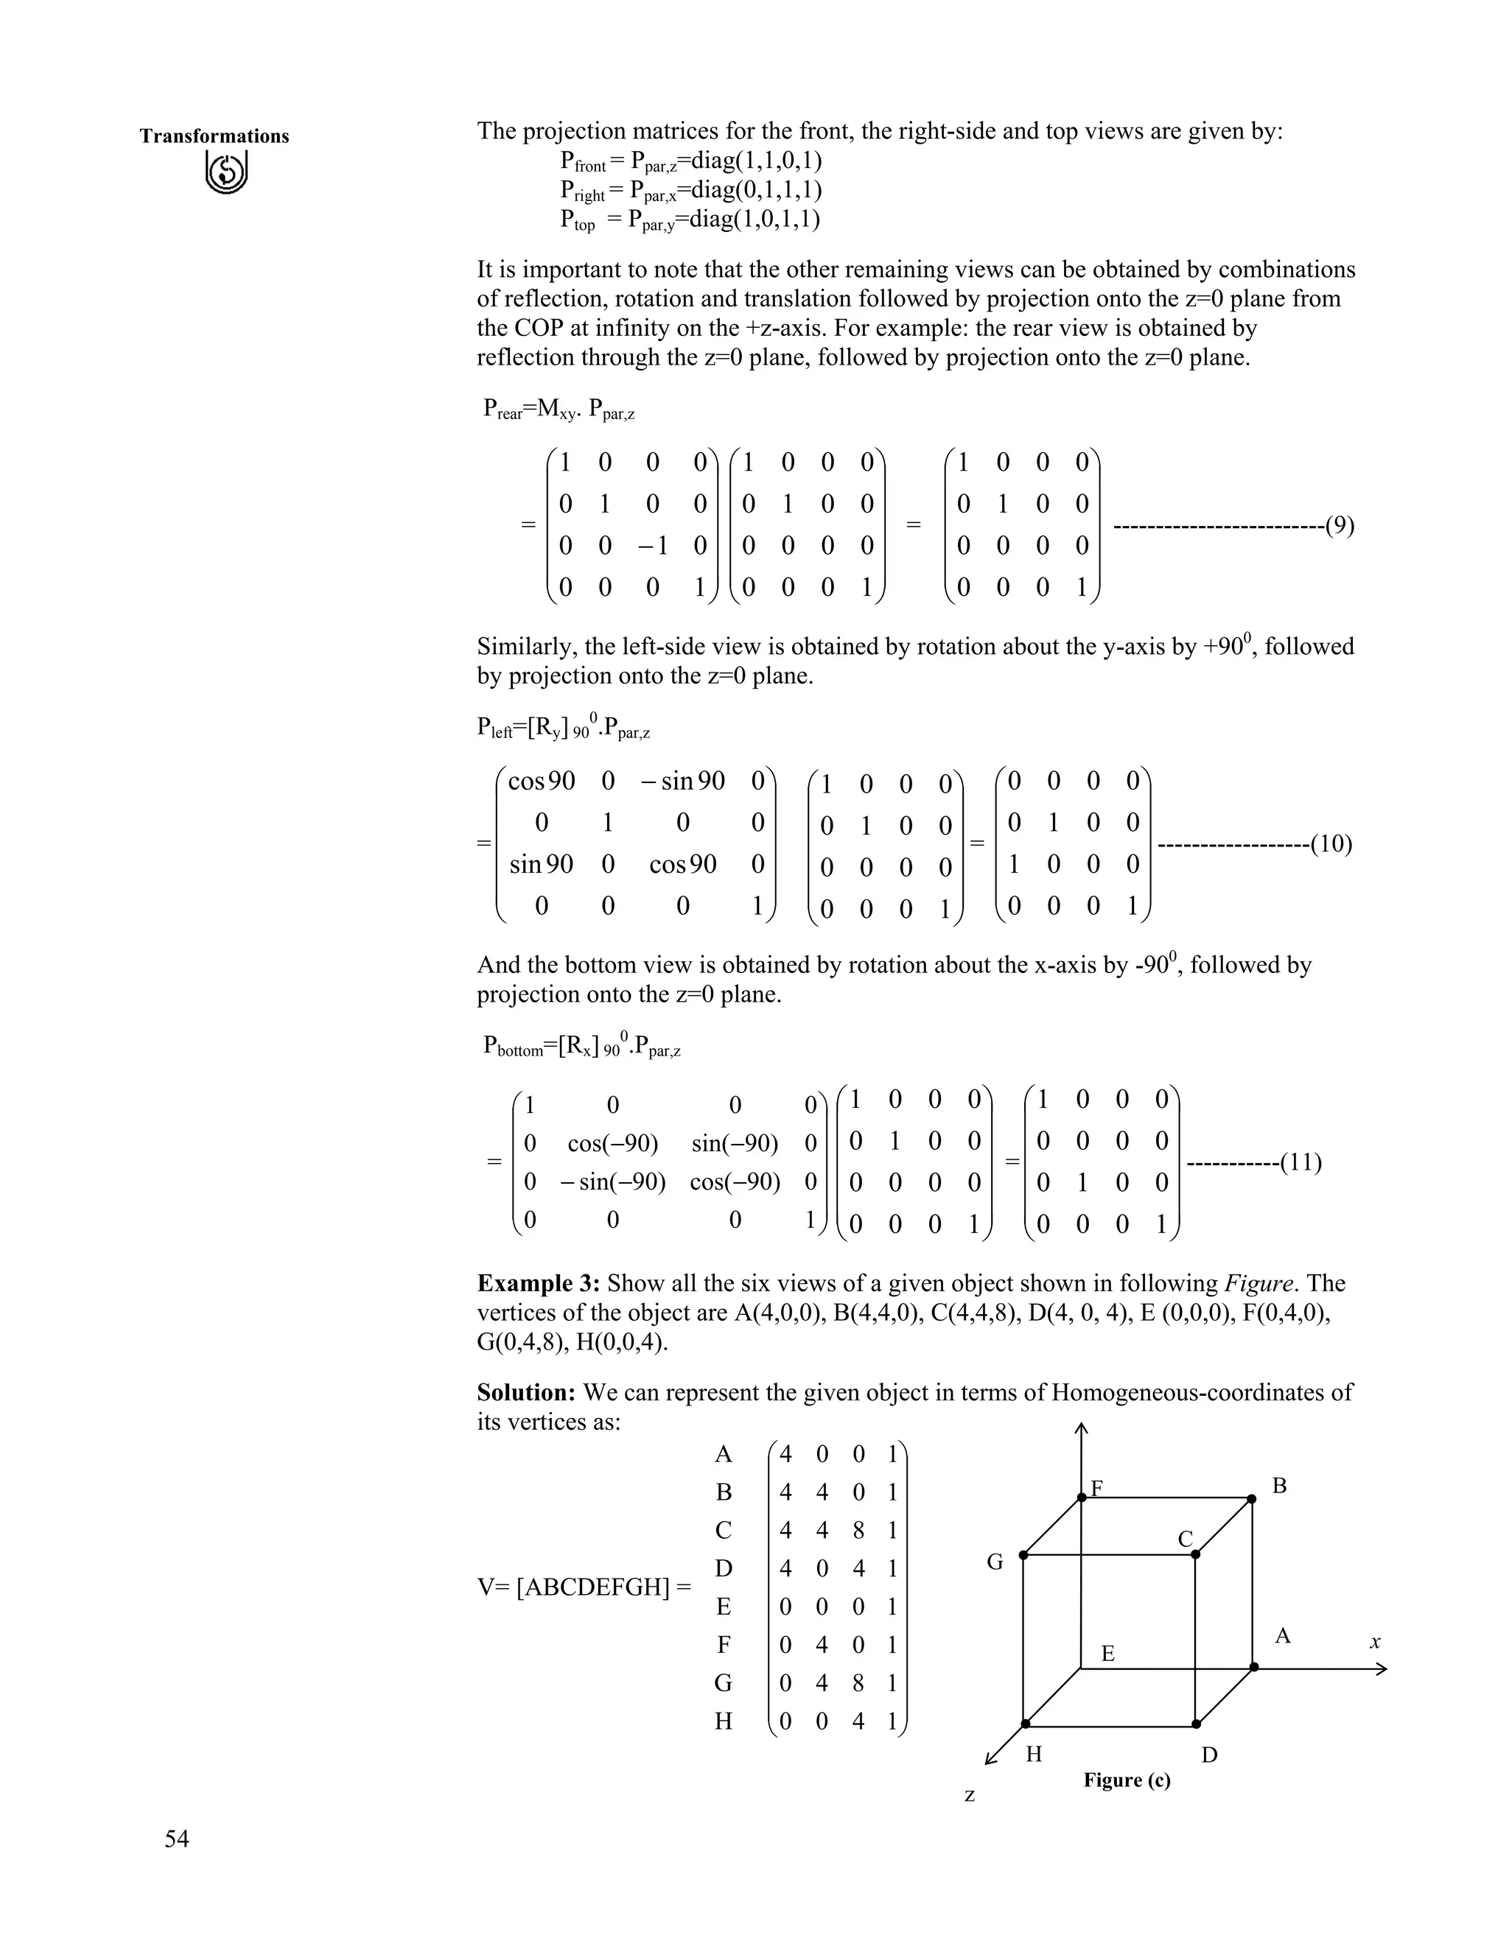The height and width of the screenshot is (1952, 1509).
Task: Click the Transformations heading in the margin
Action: [x=214, y=136]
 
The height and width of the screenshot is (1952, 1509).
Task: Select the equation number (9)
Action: [x=1339, y=525]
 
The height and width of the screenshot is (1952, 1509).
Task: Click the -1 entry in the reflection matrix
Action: [x=653, y=545]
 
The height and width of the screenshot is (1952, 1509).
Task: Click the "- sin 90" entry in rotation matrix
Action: [x=683, y=781]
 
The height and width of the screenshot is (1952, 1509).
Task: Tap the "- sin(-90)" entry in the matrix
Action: [x=613, y=1182]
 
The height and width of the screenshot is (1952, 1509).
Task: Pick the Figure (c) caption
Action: [x=1127, y=1780]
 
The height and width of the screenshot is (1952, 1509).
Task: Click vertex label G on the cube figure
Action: [x=995, y=1562]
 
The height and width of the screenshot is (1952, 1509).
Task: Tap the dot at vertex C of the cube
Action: [x=1195, y=1554]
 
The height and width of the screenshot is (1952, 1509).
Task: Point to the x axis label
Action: [x=1375, y=1641]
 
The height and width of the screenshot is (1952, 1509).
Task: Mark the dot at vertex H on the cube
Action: [x=1026, y=1723]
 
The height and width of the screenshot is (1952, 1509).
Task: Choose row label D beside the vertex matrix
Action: [x=724, y=1568]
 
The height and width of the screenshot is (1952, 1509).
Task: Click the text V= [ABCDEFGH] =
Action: [x=584, y=1587]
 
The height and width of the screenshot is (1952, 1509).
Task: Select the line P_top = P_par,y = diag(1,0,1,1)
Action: [x=690, y=220]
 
